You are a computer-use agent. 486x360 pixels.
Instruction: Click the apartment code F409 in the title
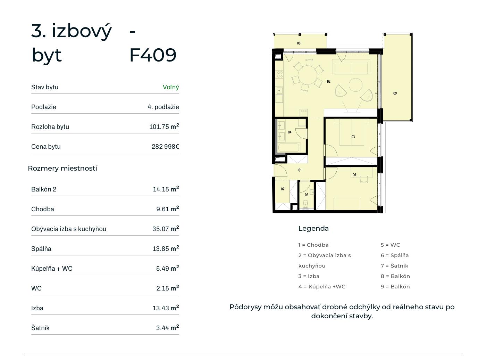tap(153, 55)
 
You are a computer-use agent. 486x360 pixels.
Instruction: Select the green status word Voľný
tap(171, 87)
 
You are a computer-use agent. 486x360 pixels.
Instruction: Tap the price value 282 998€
tap(165, 146)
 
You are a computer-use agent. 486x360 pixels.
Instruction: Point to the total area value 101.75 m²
tap(164, 126)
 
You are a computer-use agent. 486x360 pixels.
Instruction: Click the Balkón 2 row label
tap(44, 189)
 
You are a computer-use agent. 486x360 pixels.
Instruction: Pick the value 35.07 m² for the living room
tap(166, 229)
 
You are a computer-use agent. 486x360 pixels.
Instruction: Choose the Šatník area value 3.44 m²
tap(167, 328)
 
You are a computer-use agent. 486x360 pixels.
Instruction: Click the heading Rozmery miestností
tap(62, 168)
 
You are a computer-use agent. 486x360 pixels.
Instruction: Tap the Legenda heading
tap(313, 228)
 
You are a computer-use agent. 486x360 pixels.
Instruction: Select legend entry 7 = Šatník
tap(394, 266)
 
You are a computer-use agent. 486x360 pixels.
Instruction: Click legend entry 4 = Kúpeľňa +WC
tap(322, 287)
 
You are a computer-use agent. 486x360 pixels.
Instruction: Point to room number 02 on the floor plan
tap(328, 81)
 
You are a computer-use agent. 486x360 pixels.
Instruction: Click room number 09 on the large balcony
tap(395, 93)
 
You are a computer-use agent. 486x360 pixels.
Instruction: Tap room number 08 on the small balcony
tap(299, 43)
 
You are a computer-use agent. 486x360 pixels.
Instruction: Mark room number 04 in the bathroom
tap(290, 132)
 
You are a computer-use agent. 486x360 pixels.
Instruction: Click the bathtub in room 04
tap(288, 148)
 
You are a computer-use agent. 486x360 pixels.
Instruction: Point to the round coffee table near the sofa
tap(355, 85)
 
